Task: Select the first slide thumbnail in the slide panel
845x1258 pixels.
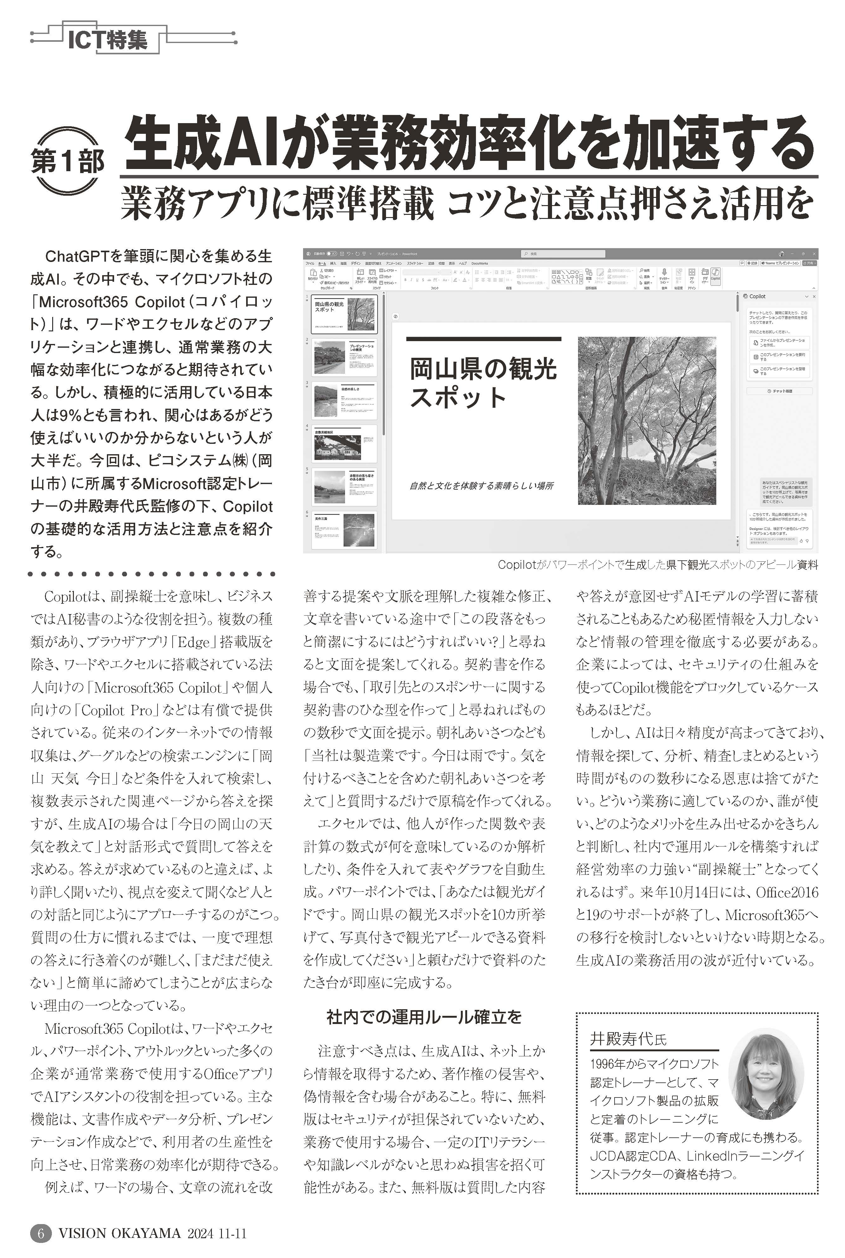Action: (344, 314)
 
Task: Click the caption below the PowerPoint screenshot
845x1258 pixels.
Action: (657, 564)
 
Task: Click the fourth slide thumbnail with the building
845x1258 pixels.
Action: (344, 444)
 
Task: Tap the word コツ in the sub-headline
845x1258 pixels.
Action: (475, 204)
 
